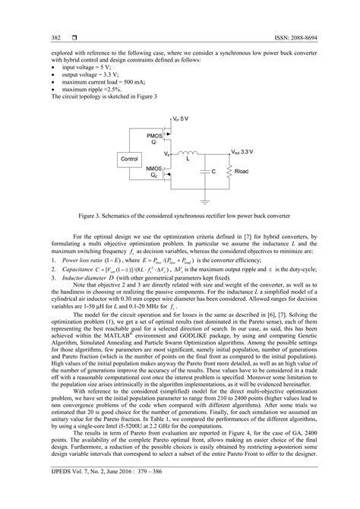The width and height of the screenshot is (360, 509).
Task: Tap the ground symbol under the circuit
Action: (x=206, y=202)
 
